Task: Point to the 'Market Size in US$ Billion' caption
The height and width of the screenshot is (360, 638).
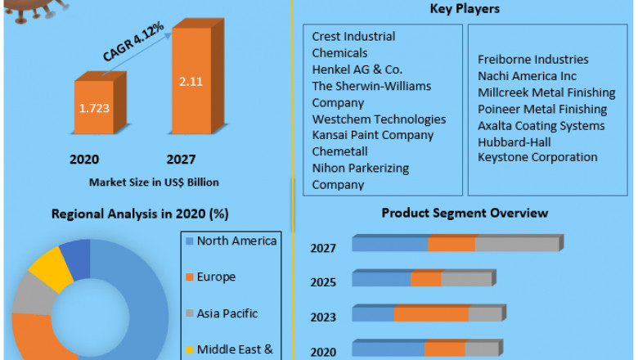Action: click(153, 182)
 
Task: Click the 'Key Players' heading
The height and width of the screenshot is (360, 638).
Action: click(464, 9)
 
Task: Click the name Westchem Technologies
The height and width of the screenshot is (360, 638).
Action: click(379, 119)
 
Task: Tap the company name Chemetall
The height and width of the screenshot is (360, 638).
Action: click(340, 151)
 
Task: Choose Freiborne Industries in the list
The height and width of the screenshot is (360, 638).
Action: click(532, 60)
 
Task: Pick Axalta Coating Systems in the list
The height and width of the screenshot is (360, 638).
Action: click(541, 125)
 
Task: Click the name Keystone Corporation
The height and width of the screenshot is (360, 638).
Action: click(537, 157)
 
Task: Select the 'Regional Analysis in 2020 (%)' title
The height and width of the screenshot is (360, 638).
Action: click(140, 214)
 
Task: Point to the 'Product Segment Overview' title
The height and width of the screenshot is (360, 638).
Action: click(464, 213)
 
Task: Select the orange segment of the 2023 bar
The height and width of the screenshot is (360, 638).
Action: click(430, 314)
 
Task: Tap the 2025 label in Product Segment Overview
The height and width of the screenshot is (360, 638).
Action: click(323, 282)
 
